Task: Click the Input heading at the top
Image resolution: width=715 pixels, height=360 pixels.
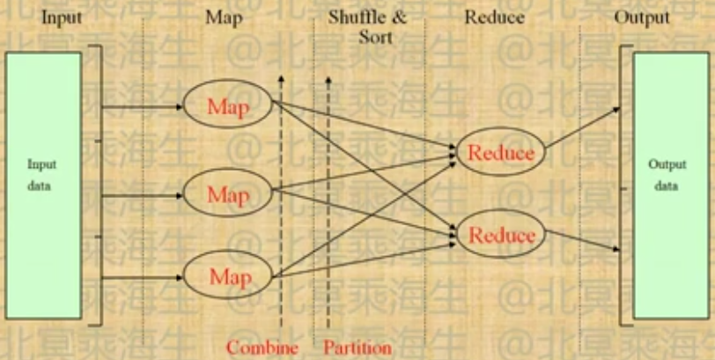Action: (x=62, y=17)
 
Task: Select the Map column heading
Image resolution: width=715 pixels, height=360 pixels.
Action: (x=221, y=17)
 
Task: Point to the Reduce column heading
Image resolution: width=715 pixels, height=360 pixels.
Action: (x=495, y=17)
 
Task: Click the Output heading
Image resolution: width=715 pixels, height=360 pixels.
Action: (x=641, y=17)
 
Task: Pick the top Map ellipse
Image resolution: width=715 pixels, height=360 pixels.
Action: (x=228, y=107)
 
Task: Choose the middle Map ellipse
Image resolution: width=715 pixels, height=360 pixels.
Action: (x=228, y=193)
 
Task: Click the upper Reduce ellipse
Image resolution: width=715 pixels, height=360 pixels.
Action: (x=500, y=152)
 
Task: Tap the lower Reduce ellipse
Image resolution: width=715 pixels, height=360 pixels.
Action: (x=501, y=235)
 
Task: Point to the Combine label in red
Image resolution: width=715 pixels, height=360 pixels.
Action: (x=262, y=347)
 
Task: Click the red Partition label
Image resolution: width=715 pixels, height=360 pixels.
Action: (x=357, y=347)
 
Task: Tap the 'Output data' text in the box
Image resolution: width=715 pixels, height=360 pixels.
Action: (x=667, y=174)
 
